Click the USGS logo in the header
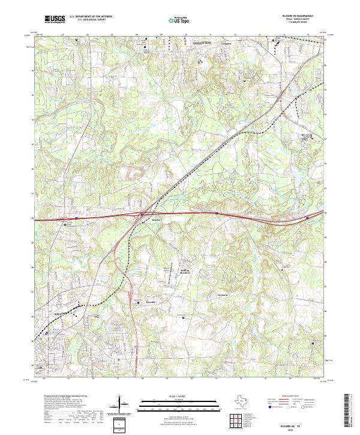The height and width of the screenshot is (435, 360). click(55, 19)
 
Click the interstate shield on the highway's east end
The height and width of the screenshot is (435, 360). click(307, 218)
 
